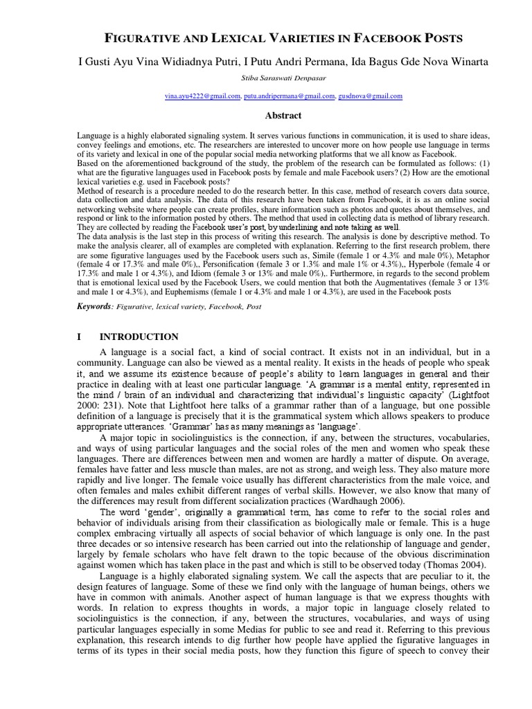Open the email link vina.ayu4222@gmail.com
coord(202,97)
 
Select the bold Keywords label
coord(94,306)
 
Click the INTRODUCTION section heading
coord(139,337)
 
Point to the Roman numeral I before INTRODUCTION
coord(80,337)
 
